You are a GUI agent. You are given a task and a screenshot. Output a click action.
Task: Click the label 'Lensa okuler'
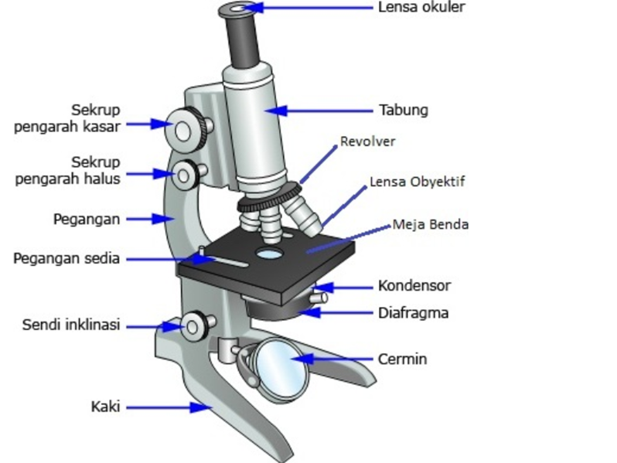(421, 8)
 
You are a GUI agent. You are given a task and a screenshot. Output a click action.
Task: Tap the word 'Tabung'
(403, 110)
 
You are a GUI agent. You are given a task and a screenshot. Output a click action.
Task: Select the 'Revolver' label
(368, 141)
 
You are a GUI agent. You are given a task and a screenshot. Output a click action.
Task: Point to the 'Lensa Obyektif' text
(418, 182)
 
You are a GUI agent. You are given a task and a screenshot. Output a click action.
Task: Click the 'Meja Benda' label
(431, 225)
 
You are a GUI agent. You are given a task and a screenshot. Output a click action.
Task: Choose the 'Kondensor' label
(414, 286)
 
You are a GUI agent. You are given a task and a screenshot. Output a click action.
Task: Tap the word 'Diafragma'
(414, 313)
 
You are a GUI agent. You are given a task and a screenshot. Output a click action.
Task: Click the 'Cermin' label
(402, 359)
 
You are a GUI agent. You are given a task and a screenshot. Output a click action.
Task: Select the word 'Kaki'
(105, 407)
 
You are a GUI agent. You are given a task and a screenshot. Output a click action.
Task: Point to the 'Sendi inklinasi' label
(71, 325)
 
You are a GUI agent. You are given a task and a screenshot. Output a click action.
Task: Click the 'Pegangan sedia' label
(66, 259)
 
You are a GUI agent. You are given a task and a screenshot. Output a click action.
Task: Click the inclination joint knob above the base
(193, 325)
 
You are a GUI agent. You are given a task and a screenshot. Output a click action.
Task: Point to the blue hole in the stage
(269, 254)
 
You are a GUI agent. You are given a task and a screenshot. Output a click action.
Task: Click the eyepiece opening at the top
(238, 9)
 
